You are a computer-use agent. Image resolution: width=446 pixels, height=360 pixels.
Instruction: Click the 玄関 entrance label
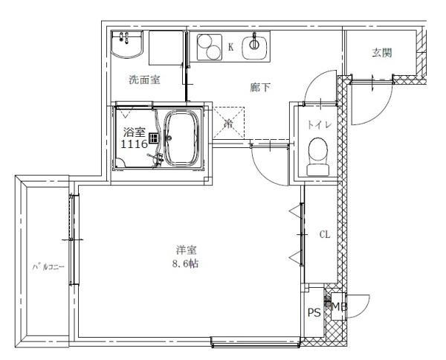(x=382, y=53)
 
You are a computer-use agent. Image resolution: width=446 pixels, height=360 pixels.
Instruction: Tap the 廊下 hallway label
(x=259, y=87)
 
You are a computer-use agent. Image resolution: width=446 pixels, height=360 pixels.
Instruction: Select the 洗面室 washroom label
(x=144, y=80)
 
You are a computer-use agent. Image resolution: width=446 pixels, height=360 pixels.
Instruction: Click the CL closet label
(x=324, y=234)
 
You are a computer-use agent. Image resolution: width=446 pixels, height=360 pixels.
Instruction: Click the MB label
(x=338, y=306)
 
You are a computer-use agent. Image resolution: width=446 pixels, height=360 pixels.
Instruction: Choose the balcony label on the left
(x=48, y=266)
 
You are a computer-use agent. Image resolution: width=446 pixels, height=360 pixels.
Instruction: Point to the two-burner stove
(x=210, y=48)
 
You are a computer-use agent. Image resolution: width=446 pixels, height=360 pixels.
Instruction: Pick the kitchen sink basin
(x=255, y=45)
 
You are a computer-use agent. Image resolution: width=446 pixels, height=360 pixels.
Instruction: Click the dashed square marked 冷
(x=230, y=123)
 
